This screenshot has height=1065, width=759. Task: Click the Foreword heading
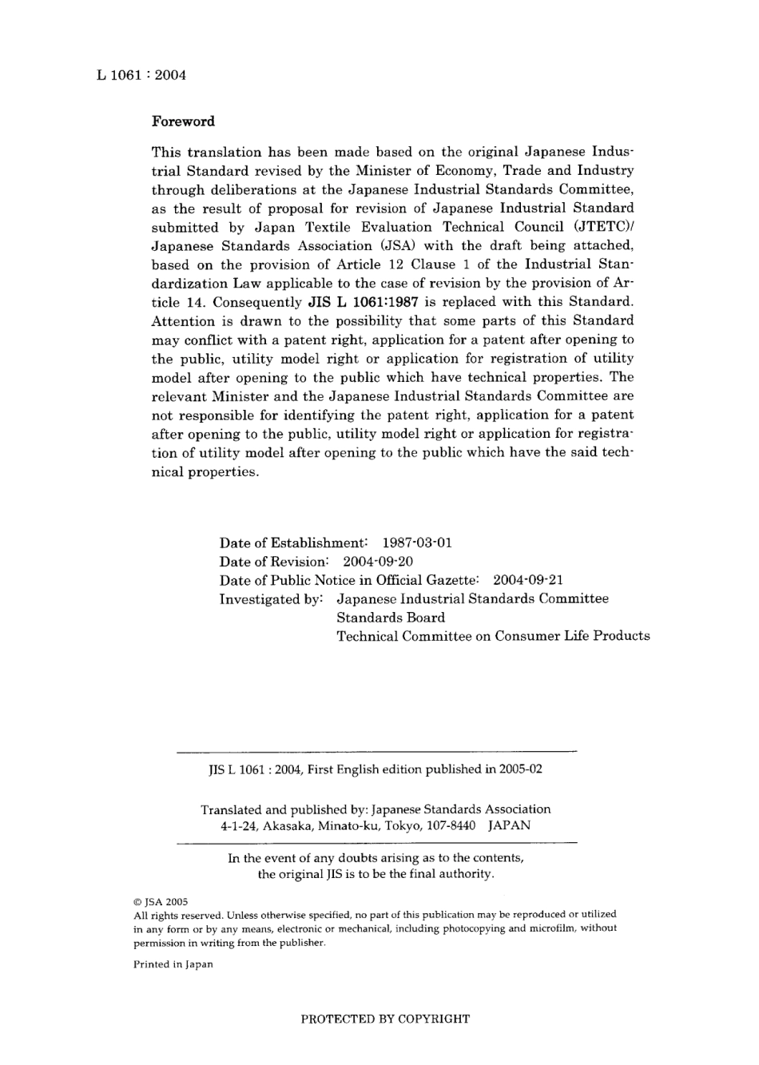tap(183, 121)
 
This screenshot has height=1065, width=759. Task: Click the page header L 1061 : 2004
tap(141, 75)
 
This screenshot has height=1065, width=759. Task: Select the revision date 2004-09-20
tap(378, 561)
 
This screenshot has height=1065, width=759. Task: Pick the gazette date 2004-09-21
tap(528, 580)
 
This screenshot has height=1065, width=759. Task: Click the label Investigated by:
tap(271, 598)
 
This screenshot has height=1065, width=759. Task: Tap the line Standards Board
tap(391, 618)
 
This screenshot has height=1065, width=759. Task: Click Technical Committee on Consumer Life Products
tap(493, 636)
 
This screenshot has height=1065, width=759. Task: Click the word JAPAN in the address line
tap(509, 826)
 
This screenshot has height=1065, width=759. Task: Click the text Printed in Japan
tap(173, 964)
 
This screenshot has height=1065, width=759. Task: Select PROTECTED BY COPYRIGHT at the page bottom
tap(385, 1019)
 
